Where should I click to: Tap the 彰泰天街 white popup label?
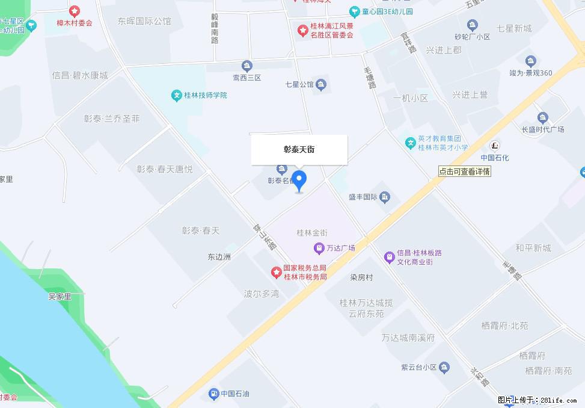coord(299,149)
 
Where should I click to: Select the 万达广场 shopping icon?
coord(319,247)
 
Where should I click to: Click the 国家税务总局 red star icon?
coord(276,273)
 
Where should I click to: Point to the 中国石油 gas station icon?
coord(213,394)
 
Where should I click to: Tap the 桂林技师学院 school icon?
coord(176,95)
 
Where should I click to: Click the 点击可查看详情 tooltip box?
coord(465,172)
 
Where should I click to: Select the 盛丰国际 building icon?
coord(385,197)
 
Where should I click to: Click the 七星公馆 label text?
coord(299,84)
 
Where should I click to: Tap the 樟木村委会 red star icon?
coord(75,11)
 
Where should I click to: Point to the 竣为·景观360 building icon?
coord(530,61)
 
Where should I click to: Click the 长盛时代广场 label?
coord(542,129)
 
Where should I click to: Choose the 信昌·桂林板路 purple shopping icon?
coord(389,257)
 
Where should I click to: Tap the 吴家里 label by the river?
coord(60,296)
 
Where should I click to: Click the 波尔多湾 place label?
coord(262,294)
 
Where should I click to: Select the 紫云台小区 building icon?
coord(444,366)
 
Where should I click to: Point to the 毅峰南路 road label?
coord(215,28)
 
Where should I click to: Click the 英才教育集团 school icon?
coord(411,143)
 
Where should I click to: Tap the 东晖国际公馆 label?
coord(144,21)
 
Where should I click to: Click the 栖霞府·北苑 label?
coord(504,326)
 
